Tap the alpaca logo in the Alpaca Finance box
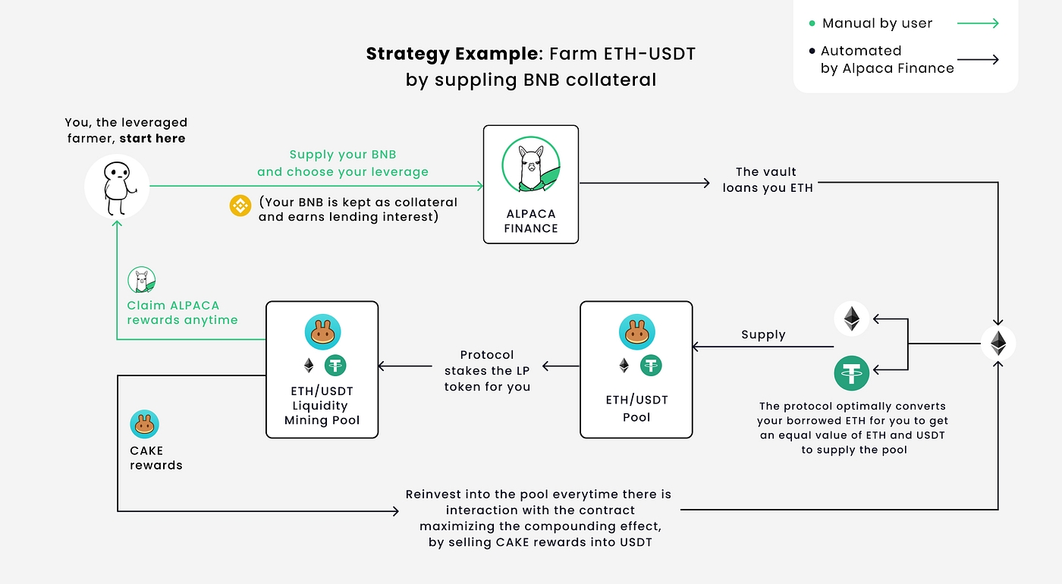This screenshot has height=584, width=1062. pyautogui.click(x=531, y=165)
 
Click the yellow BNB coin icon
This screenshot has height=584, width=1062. pyautogui.click(x=240, y=206)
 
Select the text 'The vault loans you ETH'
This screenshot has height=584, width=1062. pyautogui.click(x=768, y=180)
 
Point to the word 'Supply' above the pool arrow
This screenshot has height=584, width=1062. pyautogui.click(x=763, y=334)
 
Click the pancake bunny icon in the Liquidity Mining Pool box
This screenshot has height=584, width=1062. pyautogui.click(x=322, y=332)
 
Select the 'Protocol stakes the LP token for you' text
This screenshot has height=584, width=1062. pyautogui.click(x=487, y=371)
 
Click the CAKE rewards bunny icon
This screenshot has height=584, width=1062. pyautogui.click(x=144, y=425)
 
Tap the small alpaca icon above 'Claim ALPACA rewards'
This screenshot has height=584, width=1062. pyautogui.click(x=142, y=280)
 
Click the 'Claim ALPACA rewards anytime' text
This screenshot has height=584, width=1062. pyautogui.click(x=182, y=312)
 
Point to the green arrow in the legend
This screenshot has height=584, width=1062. pyautogui.click(x=978, y=24)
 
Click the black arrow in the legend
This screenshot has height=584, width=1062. pyautogui.click(x=978, y=59)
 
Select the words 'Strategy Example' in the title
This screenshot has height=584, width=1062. pyautogui.click(x=453, y=54)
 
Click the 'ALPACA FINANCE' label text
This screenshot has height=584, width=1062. pyautogui.click(x=531, y=221)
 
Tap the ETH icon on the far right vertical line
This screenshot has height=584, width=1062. pyautogui.click(x=998, y=344)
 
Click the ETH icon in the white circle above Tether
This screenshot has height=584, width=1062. pyautogui.click(x=852, y=319)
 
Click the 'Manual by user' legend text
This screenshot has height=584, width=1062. pyautogui.click(x=877, y=24)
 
